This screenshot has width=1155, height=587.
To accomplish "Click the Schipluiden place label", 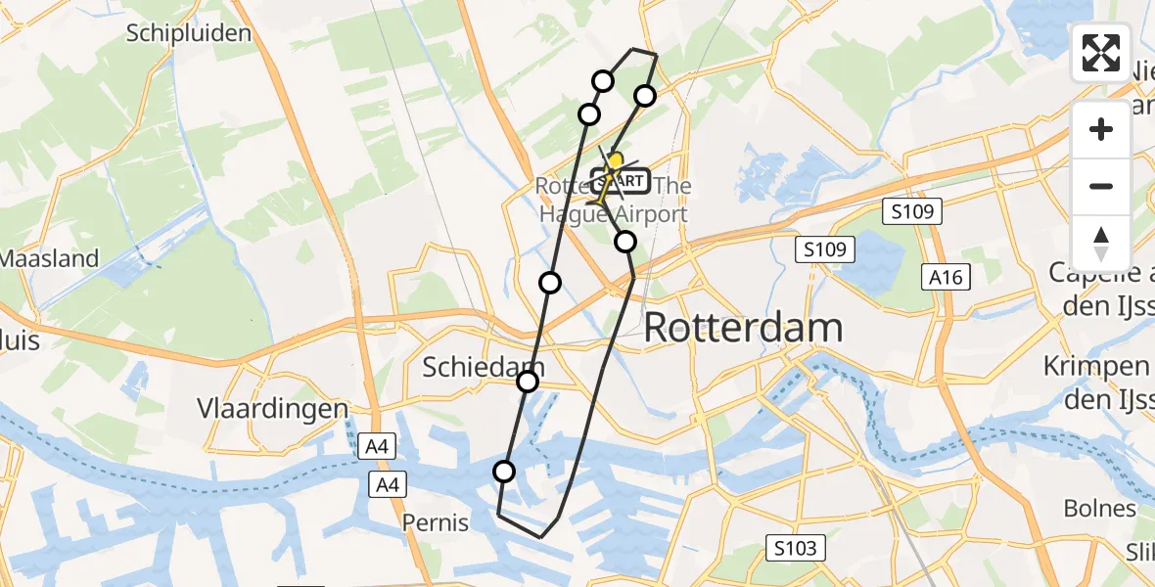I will pos(189,33).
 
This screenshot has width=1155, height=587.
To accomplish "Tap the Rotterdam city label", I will pos(743,328).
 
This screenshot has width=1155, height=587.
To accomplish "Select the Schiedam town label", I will pos(483,368).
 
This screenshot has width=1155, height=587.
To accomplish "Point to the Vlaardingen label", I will pos(273,408).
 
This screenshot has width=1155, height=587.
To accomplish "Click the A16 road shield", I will pos(947,278).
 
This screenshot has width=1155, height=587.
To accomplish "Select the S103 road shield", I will pos(794,548).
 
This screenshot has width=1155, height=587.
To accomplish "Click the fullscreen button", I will pos(1101,53).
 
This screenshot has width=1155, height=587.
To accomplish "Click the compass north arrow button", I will pos(1101,243).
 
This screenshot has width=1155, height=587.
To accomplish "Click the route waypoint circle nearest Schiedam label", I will pos(528,382).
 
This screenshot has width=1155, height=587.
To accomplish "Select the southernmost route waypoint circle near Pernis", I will pos(504,473).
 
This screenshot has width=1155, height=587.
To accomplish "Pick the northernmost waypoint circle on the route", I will pos(603,81).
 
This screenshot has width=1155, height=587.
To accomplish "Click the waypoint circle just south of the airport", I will pos(625,242).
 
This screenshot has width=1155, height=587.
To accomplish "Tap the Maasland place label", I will pos(49,259).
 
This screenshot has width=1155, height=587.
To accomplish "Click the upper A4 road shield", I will pos(376,447).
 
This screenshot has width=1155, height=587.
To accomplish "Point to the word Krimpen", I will pos(1095,366).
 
